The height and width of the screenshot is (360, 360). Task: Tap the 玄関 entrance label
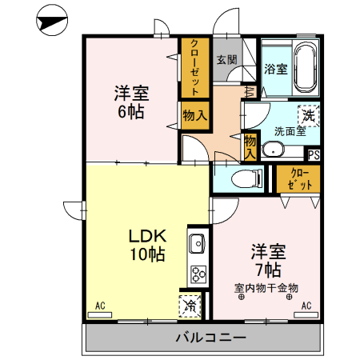pos(226,59)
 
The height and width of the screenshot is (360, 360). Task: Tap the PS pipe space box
pos(314,155)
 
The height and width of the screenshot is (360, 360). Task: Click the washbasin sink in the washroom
pos(273,148)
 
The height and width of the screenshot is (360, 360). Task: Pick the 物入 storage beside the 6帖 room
pos(194,114)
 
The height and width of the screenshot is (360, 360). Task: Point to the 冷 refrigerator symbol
pos(190,304)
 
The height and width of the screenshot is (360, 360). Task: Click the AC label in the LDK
pos(101,305)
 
